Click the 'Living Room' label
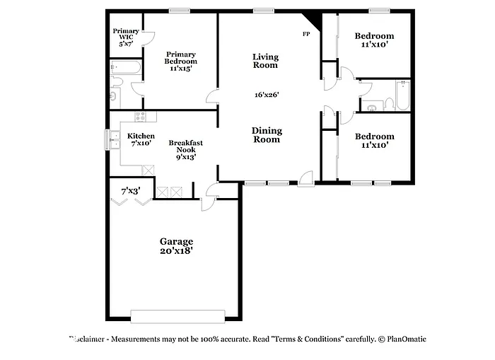tap(266, 61)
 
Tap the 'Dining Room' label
tap(267, 134)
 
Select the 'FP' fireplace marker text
tap(306, 34)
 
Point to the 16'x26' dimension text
tap(267, 95)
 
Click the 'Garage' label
tap(176, 241)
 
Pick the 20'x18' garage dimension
tap(176, 250)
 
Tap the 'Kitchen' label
tap(141, 136)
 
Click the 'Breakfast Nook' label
tap(185, 146)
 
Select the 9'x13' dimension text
tap(185, 157)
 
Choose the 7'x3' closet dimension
tap(130, 190)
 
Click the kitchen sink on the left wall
tap(112, 139)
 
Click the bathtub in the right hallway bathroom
tap(402, 96)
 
